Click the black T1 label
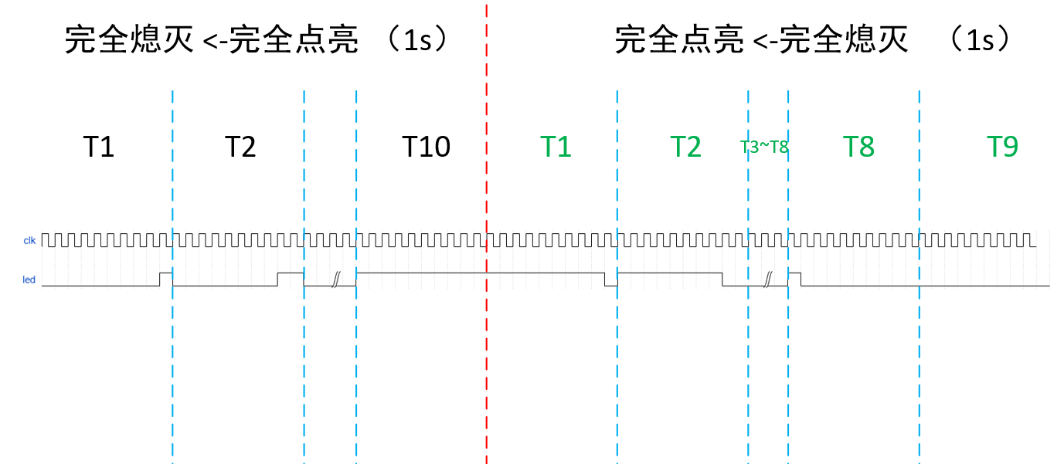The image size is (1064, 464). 99,146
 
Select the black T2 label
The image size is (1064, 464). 240,146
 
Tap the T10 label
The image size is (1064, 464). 426,146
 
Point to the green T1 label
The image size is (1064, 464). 555,146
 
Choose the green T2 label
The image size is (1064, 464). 685,146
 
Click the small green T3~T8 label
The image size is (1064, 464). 764,147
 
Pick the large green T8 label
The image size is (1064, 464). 858,146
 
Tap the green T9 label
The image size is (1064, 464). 1002,146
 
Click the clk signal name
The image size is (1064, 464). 29,241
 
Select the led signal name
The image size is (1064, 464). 29,279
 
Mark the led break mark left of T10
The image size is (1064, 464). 335,279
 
